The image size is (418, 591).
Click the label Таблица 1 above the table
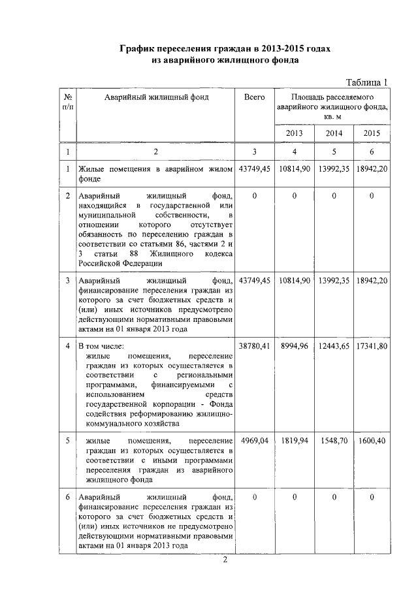click(x=366, y=82)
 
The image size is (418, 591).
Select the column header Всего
click(x=254, y=97)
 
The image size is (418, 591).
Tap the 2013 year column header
click(x=295, y=133)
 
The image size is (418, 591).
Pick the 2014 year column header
click(x=334, y=133)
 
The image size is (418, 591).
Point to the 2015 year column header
click(x=372, y=133)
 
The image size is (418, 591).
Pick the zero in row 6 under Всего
click(x=254, y=498)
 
